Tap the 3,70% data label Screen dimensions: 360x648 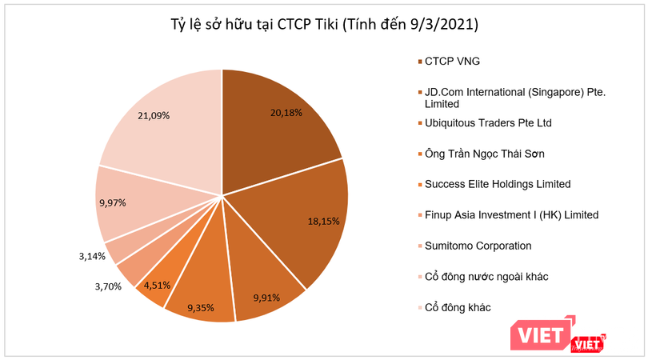pyautogui.click(x=108, y=286)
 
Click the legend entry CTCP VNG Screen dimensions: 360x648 pyautogui.click(x=453, y=62)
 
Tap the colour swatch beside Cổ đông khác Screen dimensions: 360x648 pyautogui.click(x=414, y=307)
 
